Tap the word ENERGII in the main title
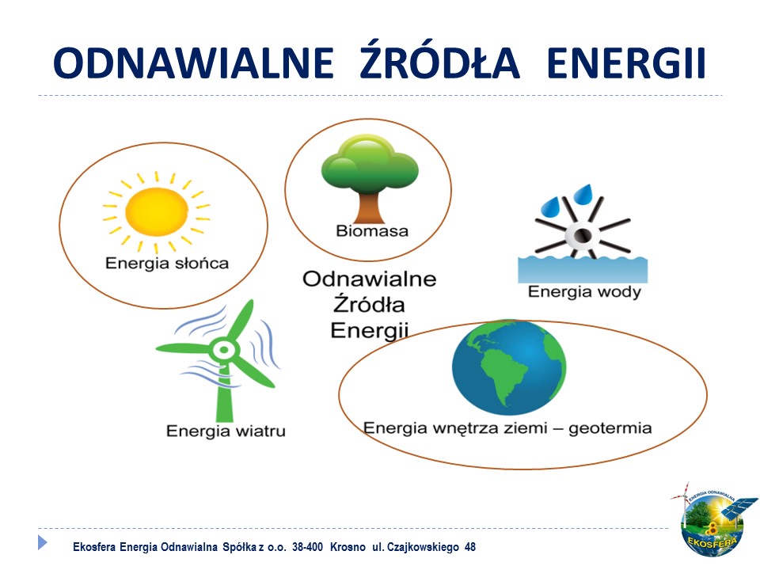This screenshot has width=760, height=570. pos(625,63)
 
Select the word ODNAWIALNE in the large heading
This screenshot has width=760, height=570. pos(193,63)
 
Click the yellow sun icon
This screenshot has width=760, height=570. pos(156,212)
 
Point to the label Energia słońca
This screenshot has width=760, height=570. pos(167,263)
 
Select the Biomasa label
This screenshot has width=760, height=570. pos(372,230)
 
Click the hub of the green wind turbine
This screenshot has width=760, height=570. pos(224,349)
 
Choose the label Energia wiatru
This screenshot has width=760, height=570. pos(226,431)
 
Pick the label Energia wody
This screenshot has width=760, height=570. pos(584,292)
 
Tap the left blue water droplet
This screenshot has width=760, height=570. pos(551,207)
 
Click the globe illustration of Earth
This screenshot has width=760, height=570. pos(508,367)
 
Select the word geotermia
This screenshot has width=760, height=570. pos(610,428)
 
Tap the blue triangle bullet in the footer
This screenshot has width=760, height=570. pos(43,541)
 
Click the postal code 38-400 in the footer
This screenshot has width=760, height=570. pos(307,547)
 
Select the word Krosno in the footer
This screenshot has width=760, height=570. pos(348,547)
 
